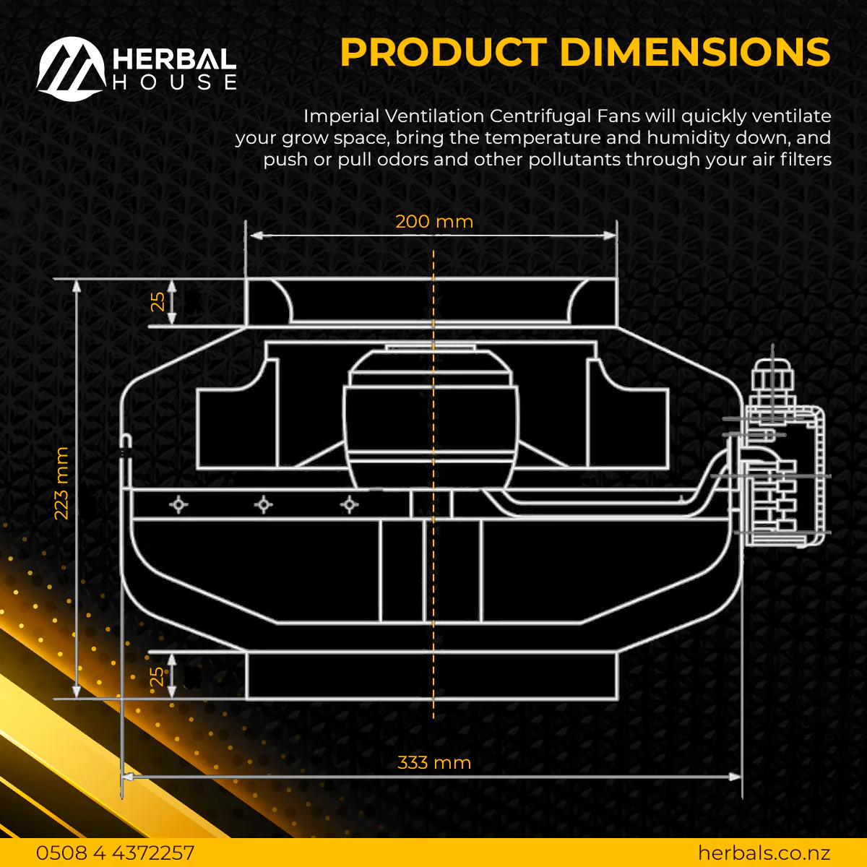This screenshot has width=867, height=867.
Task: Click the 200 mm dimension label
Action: [x=434, y=222]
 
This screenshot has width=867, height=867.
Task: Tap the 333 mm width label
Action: [x=434, y=763]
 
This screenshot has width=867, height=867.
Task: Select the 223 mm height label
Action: [x=61, y=483]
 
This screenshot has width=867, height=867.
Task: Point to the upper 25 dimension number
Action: [x=158, y=301]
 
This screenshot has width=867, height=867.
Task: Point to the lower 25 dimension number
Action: [x=157, y=677]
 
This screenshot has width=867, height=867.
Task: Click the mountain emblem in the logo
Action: [x=71, y=69]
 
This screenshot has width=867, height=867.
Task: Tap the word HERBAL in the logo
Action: [x=174, y=59]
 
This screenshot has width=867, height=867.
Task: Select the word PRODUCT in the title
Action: [x=443, y=52]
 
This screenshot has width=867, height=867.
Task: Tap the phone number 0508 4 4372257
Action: [x=115, y=853]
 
